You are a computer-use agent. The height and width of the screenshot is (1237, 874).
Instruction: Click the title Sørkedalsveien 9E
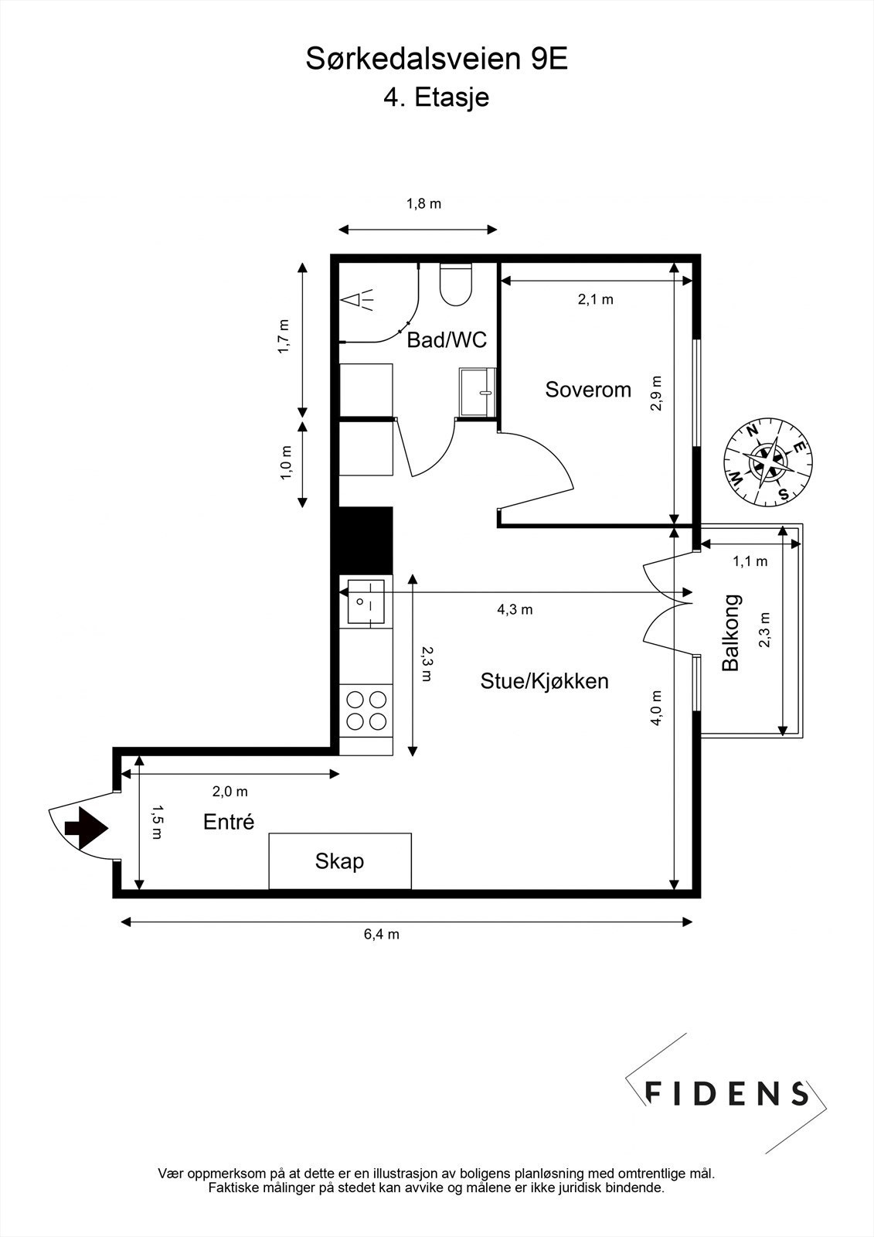tap(437, 60)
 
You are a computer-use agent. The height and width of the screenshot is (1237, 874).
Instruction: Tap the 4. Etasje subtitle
tap(437, 98)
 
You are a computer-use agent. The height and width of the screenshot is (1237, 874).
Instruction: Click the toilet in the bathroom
tap(455, 285)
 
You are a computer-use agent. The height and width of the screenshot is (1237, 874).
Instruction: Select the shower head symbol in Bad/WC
tap(357, 299)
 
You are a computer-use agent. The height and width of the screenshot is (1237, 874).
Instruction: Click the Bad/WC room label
tap(447, 340)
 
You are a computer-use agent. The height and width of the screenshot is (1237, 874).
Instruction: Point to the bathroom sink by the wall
tap(477, 392)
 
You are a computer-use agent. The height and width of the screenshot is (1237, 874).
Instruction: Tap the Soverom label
tap(588, 390)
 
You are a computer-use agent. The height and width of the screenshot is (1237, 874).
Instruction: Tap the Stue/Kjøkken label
tap(544, 681)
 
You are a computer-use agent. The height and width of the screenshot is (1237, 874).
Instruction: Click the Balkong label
tap(731, 632)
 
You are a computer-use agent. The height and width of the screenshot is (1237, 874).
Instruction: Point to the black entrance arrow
tap(86, 828)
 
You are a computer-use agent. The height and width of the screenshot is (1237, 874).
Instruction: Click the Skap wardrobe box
tap(339, 861)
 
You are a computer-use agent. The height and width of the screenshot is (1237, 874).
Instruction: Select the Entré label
tap(229, 822)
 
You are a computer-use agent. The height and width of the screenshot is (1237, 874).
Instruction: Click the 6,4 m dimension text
tap(382, 935)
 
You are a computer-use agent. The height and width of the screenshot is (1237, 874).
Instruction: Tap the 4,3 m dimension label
tap(514, 610)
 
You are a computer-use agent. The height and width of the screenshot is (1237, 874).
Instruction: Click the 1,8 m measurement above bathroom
tap(423, 205)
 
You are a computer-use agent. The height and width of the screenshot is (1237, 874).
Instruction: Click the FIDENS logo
tap(726, 1092)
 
